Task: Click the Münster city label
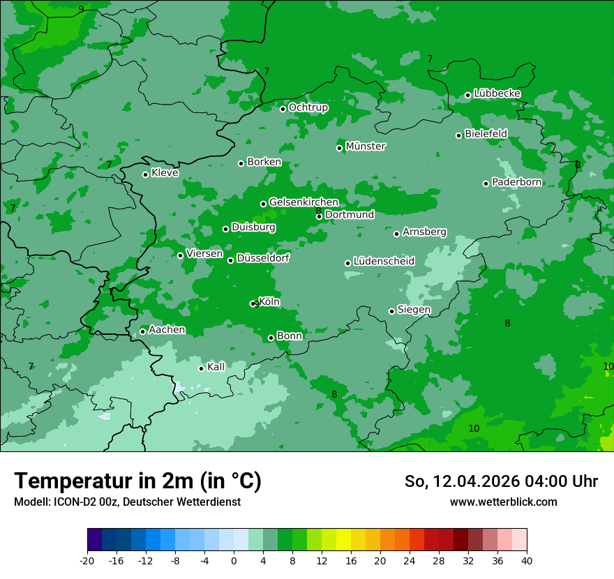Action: [366, 146]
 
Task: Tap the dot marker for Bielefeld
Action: [459, 135]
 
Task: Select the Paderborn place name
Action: [517, 182]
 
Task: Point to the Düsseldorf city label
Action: [263, 258]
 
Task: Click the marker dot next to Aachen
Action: [143, 331]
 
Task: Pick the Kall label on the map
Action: [216, 367]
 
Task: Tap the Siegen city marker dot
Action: [392, 311]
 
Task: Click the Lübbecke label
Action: [497, 93]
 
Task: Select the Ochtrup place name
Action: [308, 107]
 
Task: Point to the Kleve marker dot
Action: [146, 174]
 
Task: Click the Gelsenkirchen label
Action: [304, 202]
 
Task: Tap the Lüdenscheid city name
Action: [384, 262]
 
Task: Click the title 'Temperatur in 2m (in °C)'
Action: [137, 481]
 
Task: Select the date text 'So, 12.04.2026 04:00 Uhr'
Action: [501, 481]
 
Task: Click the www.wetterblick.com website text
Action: [504, 502]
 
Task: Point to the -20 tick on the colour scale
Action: [87, 560]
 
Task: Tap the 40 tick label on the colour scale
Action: [526, 560]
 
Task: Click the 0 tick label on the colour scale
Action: [234, 560]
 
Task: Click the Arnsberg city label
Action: [424, 232]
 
